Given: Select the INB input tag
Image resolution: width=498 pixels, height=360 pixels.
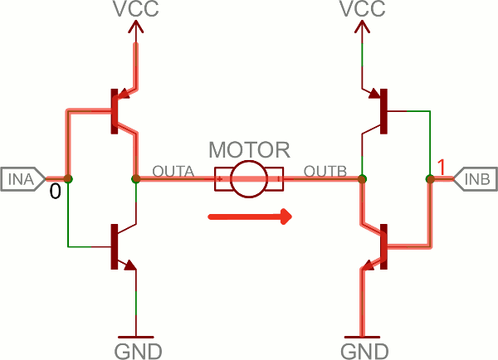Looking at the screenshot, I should coord(474,178).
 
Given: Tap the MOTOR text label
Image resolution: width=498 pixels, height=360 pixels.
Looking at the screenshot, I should coord(249,151).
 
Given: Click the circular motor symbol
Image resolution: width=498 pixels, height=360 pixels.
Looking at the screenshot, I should coord(249,178).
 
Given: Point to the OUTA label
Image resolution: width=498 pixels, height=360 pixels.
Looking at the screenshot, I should coord(173,171).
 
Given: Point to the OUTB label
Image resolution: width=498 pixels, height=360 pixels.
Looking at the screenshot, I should coord(325,171).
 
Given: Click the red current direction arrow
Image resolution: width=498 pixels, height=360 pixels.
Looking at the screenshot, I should coord(250,217).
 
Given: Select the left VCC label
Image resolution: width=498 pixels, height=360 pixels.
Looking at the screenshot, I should coord(136,11).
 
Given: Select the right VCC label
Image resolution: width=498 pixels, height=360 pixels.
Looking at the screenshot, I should coord(362,11).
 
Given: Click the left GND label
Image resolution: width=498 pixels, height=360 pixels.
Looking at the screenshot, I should coord(136,348).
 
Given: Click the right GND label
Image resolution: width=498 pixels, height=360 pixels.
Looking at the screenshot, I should coord(362,348).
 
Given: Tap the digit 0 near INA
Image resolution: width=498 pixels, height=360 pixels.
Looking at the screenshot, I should coord(55,192).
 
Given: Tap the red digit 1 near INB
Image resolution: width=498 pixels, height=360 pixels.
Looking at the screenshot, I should coord(442,168).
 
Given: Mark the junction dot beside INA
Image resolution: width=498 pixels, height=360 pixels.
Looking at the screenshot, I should coord(68,178).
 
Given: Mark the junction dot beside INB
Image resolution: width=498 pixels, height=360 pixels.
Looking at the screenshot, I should coord(430,178).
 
